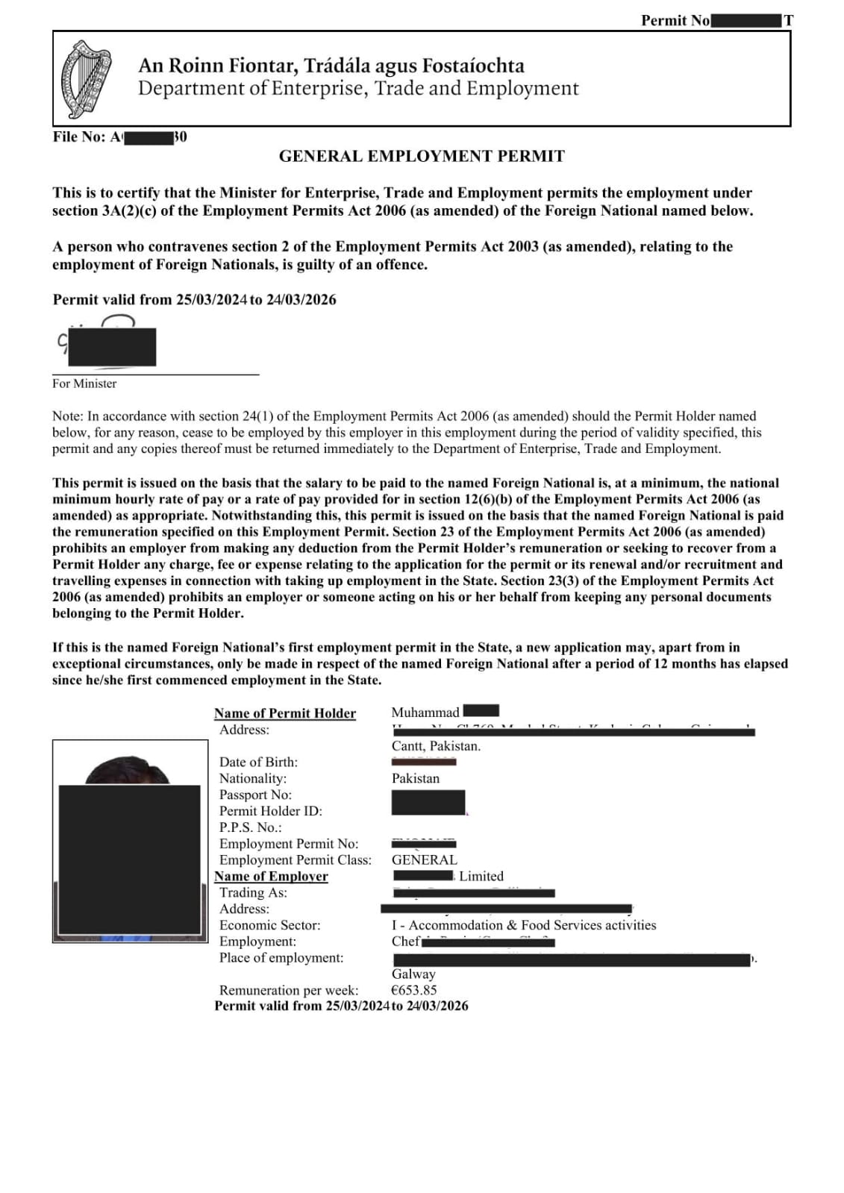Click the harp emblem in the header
[86, 79]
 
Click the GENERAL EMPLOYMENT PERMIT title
[422, 157]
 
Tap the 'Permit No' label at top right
[675, 21]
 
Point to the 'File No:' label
[79, 137]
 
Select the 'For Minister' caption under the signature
[84, 383]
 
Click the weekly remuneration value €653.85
[414, 990]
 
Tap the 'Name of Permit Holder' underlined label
[285, 713]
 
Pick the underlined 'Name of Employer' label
[271, 877]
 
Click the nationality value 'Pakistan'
[416, 778]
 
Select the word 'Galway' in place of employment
[413, 974]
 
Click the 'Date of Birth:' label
[258, 762]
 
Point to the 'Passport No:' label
[255, 795]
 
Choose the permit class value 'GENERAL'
[425, 859]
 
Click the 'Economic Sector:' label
[269, 925]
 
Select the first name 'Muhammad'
[425, 713]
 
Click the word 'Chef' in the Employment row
[406, 942]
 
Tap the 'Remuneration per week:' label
[289, 990]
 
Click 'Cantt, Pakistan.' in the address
[436, 746]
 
